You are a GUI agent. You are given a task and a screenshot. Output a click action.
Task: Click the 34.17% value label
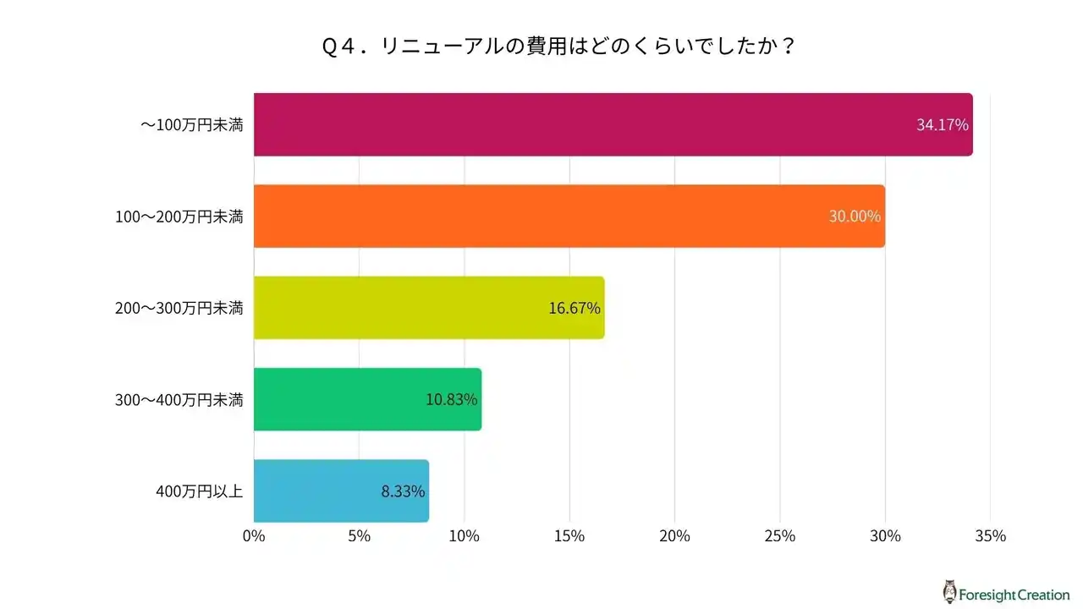pos(942,125)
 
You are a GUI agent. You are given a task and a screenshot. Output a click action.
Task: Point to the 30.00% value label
pos(855,217)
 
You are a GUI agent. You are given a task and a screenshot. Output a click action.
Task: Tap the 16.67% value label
pos(574,308)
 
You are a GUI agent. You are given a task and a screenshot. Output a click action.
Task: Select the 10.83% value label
pos(452,399)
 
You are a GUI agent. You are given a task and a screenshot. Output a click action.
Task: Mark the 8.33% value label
pos(403,491)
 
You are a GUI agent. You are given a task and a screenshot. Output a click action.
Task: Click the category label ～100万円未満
pos(191,125)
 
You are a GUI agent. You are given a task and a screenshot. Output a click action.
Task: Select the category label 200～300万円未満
pos(179,308)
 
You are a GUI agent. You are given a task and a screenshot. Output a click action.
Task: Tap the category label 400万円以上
pos(200,491)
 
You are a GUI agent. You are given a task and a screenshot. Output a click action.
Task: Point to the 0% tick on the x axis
pos(254,536)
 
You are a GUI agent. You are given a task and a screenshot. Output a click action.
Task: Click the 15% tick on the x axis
pos(569,536)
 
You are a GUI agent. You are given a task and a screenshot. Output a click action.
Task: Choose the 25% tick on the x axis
pos(780,536)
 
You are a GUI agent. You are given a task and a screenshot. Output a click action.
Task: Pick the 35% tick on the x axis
pos(990,536)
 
